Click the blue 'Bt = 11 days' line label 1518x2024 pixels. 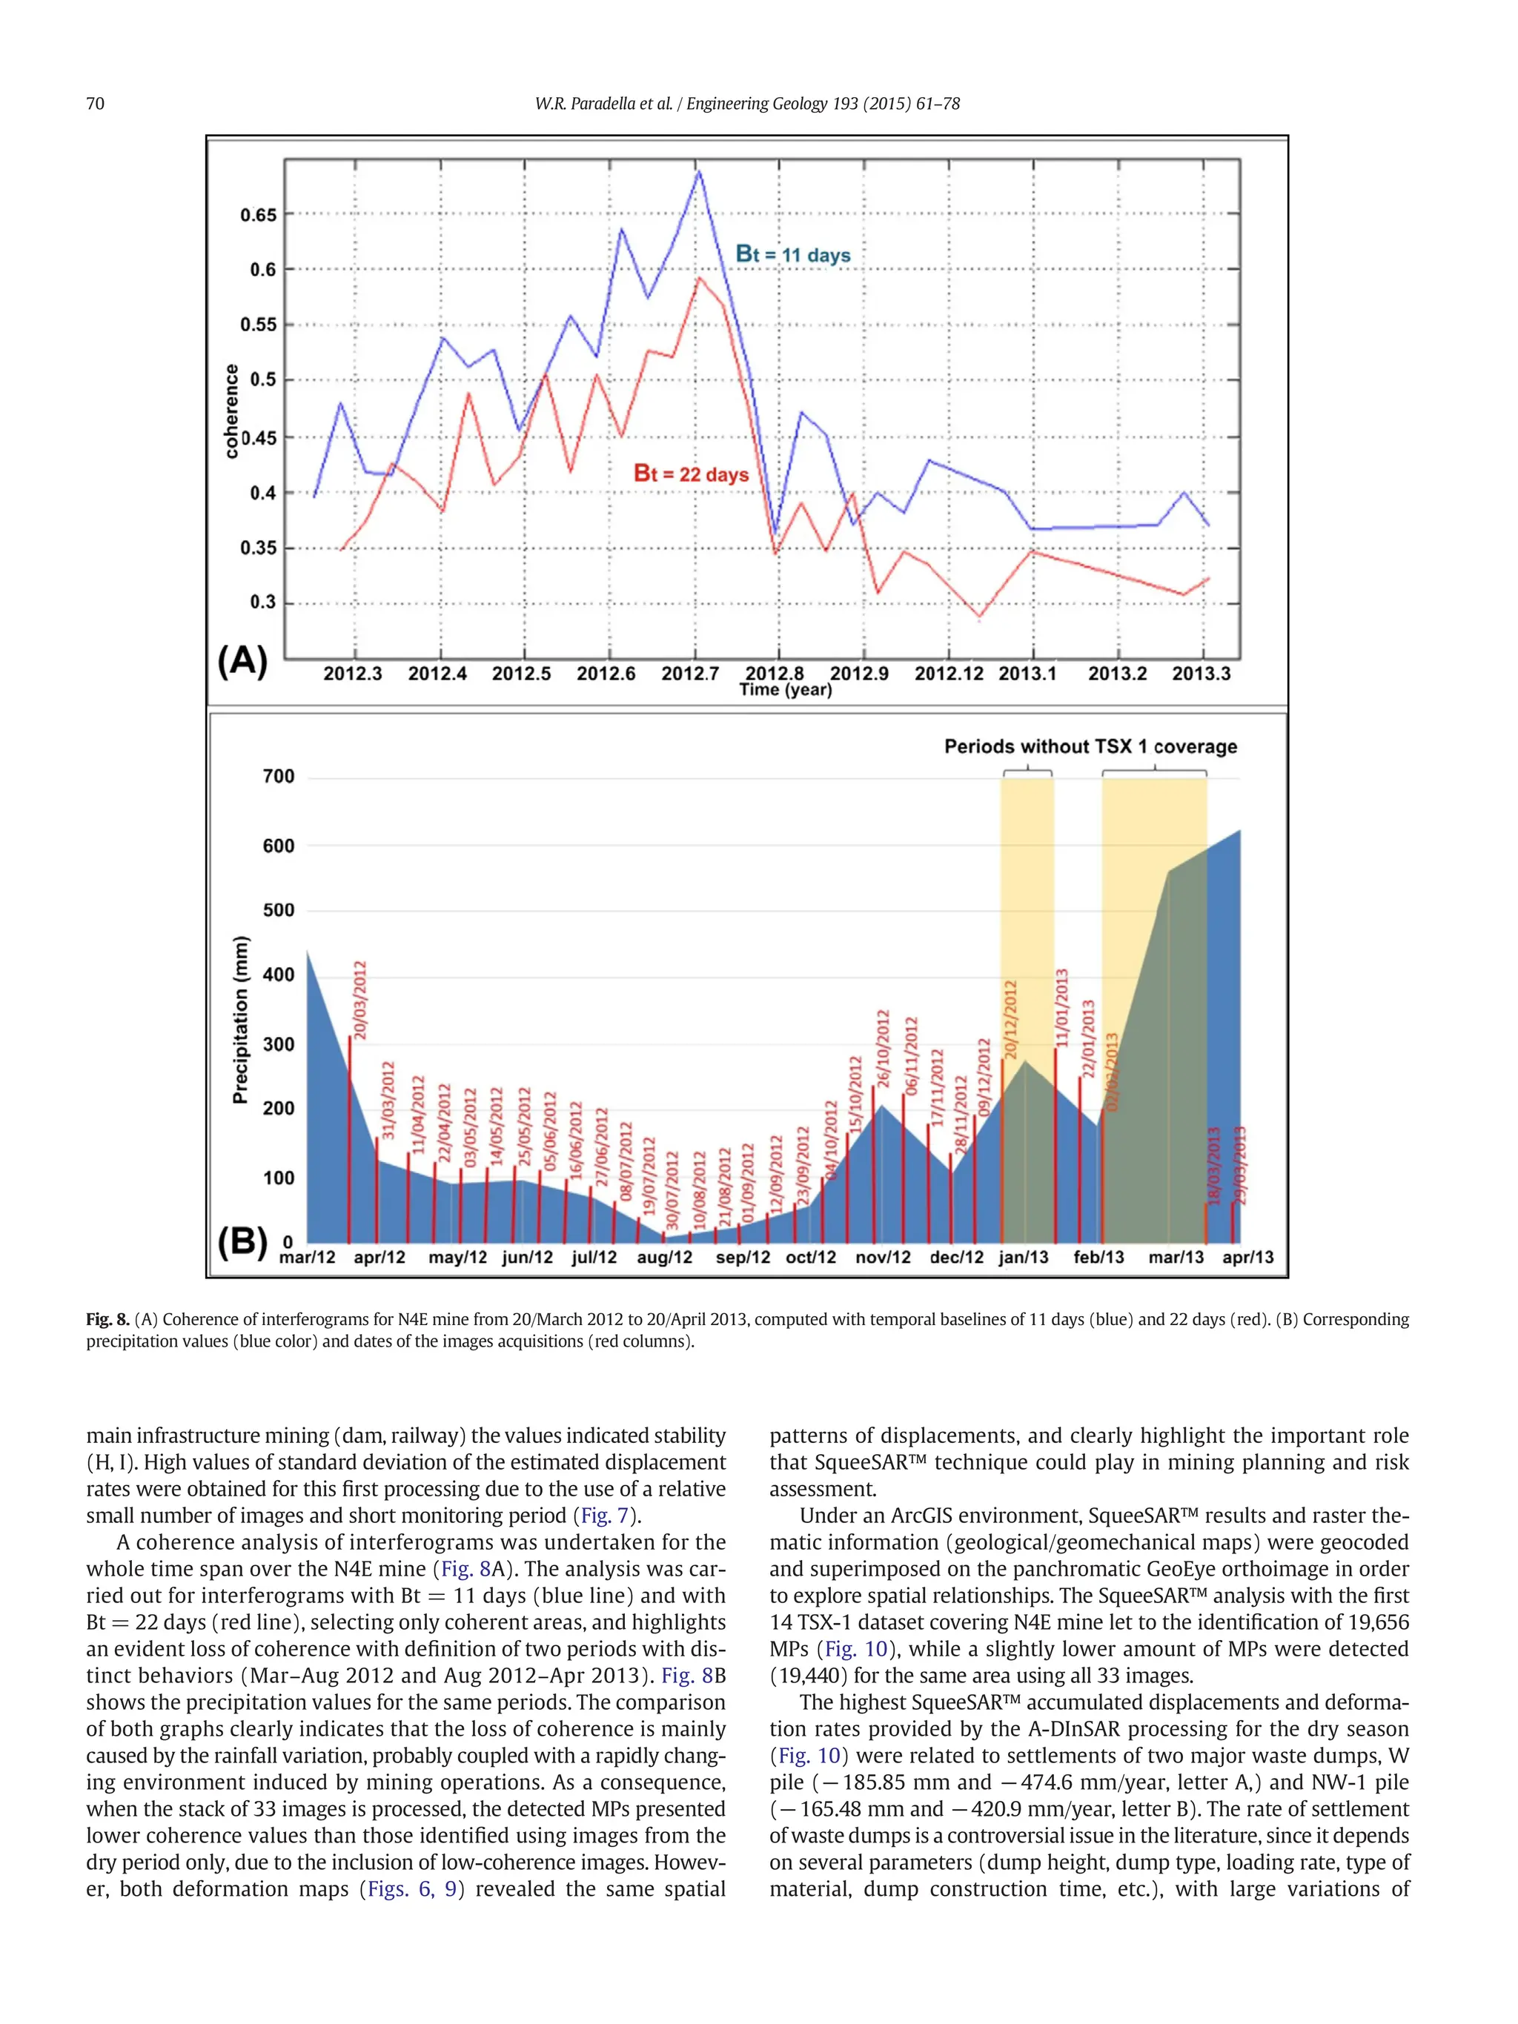pos(792,254)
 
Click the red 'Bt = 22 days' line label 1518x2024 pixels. pos(691,474)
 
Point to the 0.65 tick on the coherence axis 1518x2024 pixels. pos(258,215)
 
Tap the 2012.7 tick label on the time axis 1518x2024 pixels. pos(690,674)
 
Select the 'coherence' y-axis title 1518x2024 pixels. pos(231,411)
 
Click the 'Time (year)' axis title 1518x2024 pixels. pos(785,690)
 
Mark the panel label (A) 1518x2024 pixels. pos(242,660)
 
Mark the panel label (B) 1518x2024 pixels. pos(242,1243)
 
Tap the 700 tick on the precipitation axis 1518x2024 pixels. pos(279,777)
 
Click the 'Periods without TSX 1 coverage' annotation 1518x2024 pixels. pos(1090,746)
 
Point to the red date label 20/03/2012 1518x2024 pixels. pos(360,1000)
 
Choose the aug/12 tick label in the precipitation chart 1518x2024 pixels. pos(664,1257)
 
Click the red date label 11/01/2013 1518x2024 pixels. pos(1062,1007)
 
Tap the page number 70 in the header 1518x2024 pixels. pos(95,104)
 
